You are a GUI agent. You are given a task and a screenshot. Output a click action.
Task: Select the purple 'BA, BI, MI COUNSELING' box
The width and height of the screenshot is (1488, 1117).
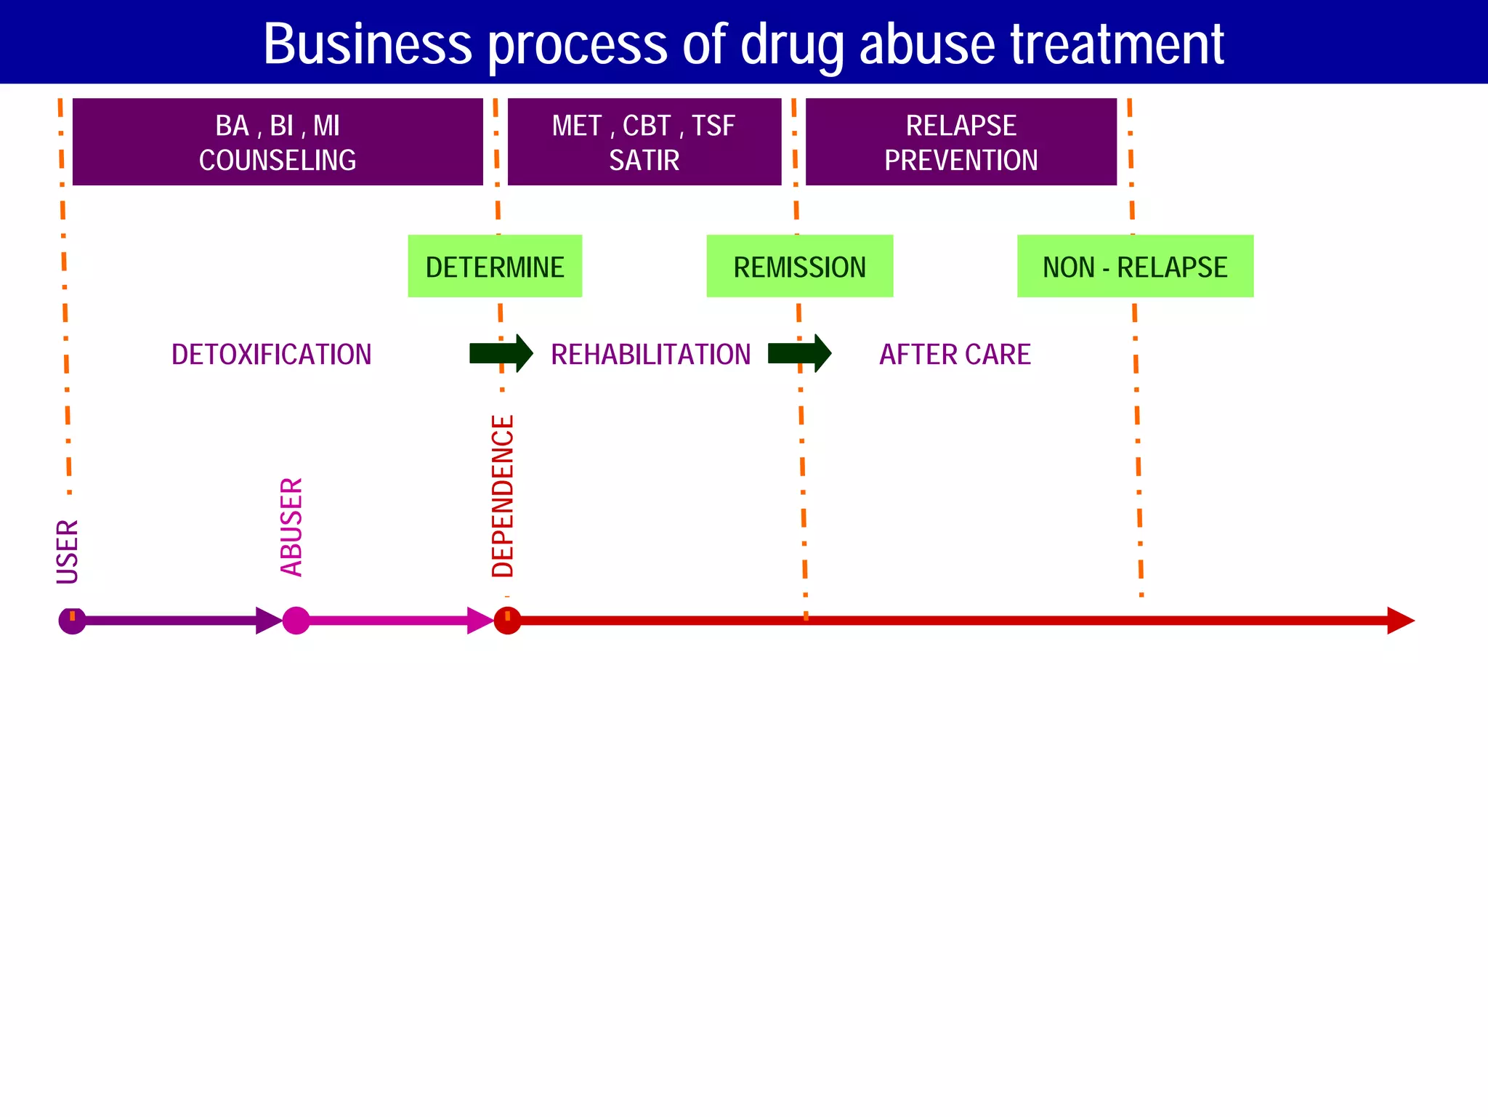[x=278, y=142]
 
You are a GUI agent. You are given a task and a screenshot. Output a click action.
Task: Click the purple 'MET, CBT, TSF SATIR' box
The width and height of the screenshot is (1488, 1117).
[x=644, y=142]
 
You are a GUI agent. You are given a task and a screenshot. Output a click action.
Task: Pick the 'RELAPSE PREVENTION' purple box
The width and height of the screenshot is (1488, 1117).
[x=961, y=142]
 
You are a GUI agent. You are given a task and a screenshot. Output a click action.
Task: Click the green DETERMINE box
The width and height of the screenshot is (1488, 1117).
[x=495, y=267]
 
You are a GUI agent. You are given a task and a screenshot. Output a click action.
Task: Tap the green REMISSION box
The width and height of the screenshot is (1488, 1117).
[x=799, y=267]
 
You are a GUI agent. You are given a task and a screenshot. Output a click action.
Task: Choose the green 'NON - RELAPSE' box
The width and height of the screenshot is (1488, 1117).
[x=1135, y=267]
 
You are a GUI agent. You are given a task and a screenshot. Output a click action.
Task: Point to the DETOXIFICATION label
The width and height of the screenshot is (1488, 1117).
[x=271, y=355]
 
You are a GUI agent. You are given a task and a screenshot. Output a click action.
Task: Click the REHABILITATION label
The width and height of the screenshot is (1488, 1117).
[x=650, y=355]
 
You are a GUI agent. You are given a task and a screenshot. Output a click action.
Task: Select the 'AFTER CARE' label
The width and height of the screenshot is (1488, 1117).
[x=955, y=355]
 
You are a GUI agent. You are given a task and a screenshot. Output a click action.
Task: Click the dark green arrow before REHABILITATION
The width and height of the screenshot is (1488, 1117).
[x=501, y=353]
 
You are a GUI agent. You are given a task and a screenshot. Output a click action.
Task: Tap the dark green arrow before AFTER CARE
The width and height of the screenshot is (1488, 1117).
[x=799, y=353]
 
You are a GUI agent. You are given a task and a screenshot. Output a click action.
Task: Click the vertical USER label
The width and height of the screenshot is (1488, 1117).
[x=68, y=552]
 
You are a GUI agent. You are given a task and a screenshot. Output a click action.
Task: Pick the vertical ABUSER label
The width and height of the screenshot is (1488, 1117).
[x=291, y=527]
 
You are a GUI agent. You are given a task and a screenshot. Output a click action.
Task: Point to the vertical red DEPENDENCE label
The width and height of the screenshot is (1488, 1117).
[x=503, y=496]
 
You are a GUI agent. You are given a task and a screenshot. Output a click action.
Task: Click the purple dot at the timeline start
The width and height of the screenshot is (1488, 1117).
[x=72, y=621]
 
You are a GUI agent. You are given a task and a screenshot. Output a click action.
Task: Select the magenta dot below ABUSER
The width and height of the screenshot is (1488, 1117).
[x=296, y=621]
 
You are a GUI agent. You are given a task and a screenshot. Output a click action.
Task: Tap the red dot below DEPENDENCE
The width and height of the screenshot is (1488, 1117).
[x=507, y=621]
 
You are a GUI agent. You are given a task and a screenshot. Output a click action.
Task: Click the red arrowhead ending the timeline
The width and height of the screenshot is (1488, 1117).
[x=1400, y=621]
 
